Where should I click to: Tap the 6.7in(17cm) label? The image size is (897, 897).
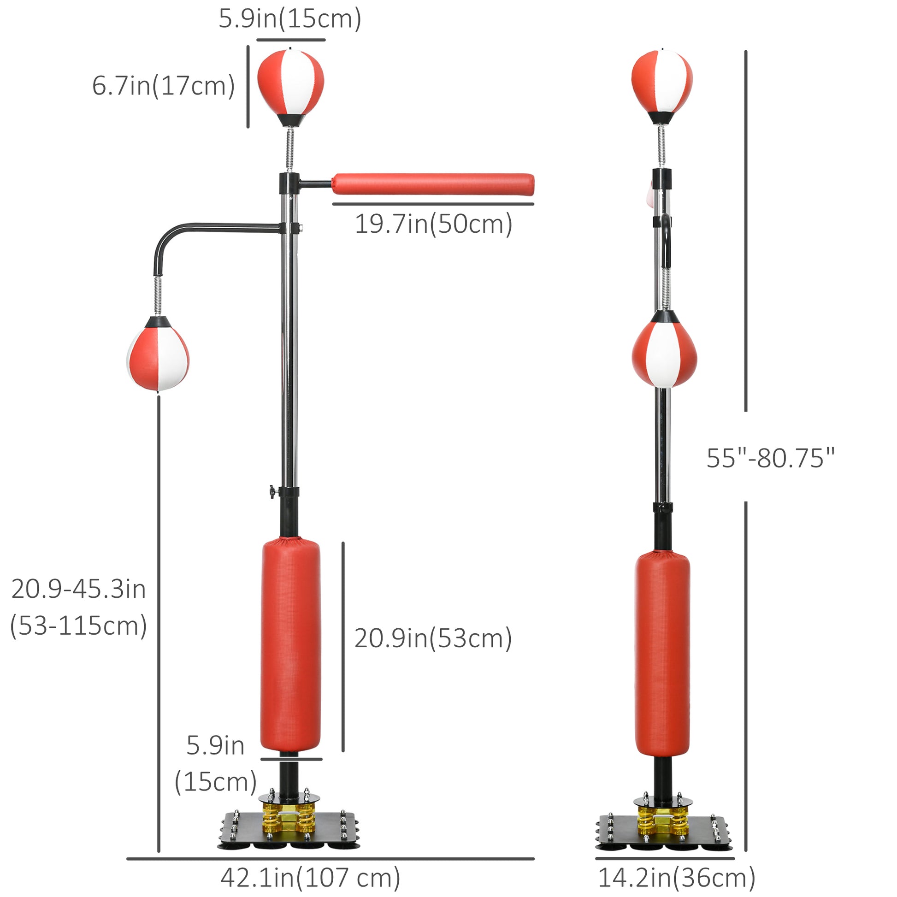[164, 86]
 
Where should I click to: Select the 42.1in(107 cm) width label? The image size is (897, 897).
[310, 877]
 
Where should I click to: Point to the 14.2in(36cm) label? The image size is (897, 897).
[677, 877]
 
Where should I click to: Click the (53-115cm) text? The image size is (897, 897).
[78, 626]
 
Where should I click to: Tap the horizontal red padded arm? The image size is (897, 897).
[433, 184]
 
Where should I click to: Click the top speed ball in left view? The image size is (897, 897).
[291, 87]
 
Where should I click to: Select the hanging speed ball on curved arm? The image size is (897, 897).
[158, 354]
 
